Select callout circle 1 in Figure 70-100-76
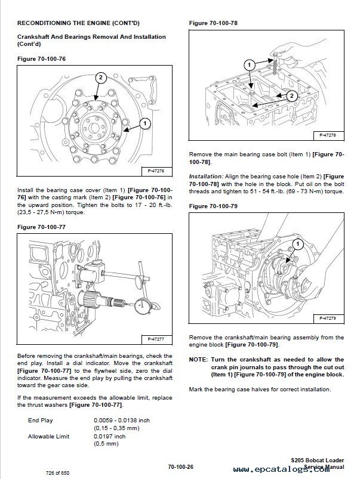[144, 123]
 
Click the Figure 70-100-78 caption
[213, 23]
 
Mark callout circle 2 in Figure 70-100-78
[291, 95]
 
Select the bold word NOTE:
[198, 359]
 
